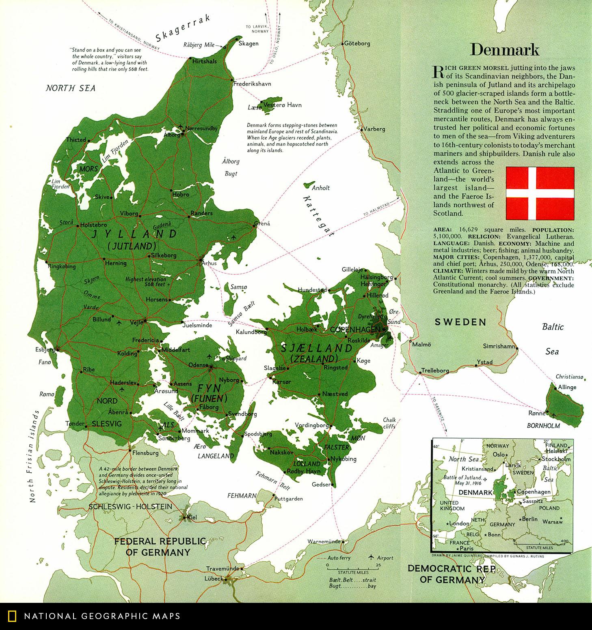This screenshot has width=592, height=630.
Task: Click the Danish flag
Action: coord(540,192)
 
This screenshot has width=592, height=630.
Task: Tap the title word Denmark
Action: coord(504,49)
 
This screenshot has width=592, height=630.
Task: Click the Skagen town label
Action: coord(248,43)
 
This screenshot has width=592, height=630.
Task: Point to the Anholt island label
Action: coord(321,188)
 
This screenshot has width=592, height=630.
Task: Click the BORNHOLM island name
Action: coord(543,426)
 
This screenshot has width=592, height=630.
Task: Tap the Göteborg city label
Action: coord(357,43)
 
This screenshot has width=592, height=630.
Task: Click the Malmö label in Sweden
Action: coord(421,345)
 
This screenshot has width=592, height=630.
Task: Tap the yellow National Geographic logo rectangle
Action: coord(12,616)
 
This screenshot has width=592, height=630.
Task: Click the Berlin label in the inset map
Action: coord(529,519)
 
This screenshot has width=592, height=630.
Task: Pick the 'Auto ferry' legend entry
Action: coord(339,557)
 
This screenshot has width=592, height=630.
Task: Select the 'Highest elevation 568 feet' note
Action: coord(146,282)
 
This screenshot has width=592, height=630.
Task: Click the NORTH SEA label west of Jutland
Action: coord(70,88)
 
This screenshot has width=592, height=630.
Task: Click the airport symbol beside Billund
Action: coord(119,323)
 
